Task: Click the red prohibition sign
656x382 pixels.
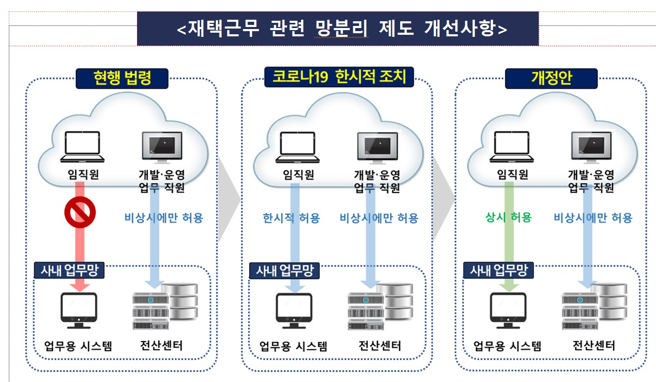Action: click(80, 212)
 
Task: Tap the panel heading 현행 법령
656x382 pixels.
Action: click(122, 78)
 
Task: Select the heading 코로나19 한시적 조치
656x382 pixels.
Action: click(339, 77)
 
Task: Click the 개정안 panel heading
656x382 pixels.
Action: click(551, 78)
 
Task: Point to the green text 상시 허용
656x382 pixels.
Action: click(509, 217)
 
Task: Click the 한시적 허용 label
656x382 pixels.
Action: click(291, 218)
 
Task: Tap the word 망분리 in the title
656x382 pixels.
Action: click(341, 29)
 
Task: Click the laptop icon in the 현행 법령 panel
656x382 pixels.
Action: click(83, 147)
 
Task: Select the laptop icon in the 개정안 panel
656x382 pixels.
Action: click(512, 147)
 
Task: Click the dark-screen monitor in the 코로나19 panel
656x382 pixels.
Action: click(377, 148)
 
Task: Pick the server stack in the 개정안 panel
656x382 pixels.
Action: click(595, 306)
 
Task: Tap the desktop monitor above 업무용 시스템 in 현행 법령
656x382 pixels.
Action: click(79, 310)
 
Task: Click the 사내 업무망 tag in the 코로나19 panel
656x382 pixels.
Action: click(284, 270)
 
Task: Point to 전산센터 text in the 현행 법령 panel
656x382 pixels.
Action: click(161, 346)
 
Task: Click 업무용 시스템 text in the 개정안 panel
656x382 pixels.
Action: click(507, 346)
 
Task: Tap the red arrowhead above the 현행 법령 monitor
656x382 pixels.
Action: click(79, 287)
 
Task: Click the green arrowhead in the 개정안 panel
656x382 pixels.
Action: click(509, 287)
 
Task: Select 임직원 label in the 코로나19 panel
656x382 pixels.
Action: click(298, 174)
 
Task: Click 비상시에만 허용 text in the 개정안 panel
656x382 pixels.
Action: click(593, 218)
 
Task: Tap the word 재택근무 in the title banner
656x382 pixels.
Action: click(224, 28)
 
